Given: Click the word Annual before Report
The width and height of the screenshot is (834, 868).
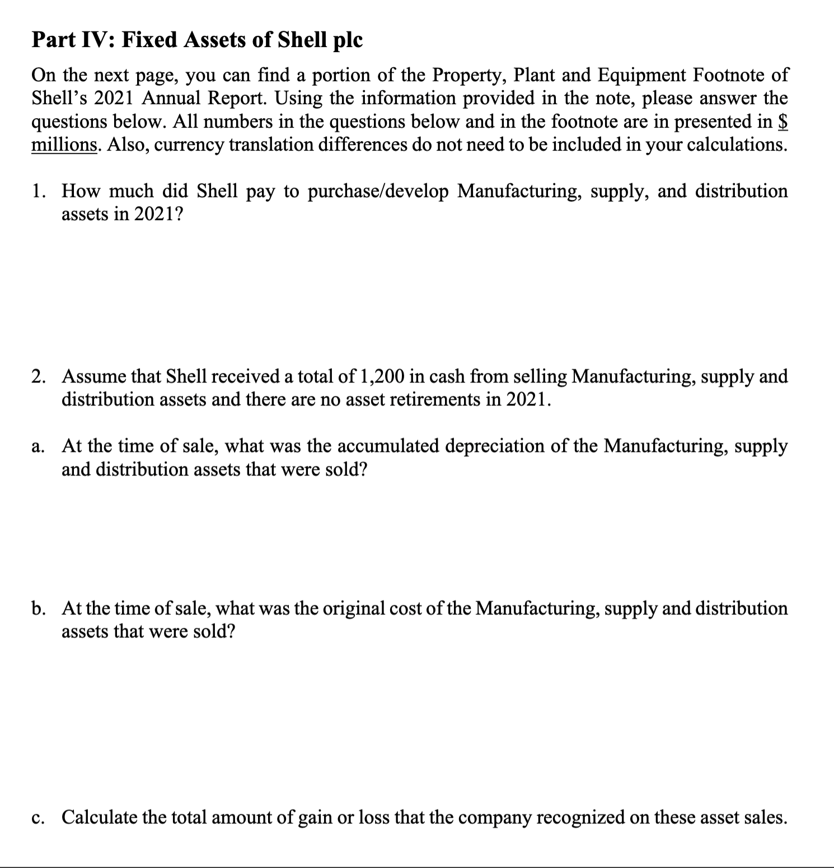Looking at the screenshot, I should pyautogui.click(x=173, y=98).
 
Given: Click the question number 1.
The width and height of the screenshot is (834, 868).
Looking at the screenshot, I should pyautogui.click(x=38, y=192).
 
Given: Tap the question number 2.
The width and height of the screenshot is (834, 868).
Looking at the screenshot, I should pyautogui.click(x=38, y=376).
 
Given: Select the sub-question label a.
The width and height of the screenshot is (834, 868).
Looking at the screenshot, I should pyautogui.click(x=37, y=446).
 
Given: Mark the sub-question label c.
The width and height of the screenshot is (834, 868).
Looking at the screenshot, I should pyautogui.click(x=37, y=817).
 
